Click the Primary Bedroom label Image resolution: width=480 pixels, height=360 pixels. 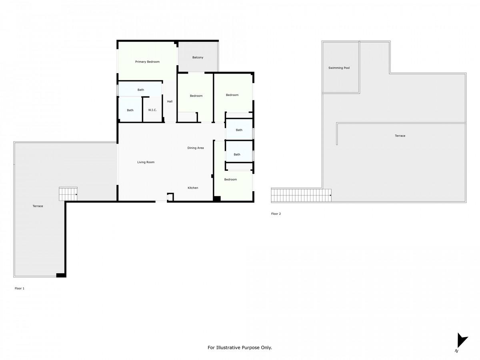tap(147, 62)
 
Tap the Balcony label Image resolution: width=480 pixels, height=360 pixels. tap(198, 58)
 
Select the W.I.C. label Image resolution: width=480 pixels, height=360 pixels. tap(152, 110)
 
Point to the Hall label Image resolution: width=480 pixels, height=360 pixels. tap(170, 102)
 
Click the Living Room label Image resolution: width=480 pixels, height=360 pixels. tap(146, 162)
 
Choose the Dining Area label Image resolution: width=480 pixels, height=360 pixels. tap(196, 148)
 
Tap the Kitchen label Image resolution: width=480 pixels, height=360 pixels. tap(193, 188)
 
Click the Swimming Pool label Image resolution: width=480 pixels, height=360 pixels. tap(339, 68)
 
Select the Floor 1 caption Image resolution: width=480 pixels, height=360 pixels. tap(20, 288)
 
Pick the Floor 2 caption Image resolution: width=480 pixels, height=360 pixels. tap(276, 214)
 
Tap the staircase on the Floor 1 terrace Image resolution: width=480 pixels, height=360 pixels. tap(68, 194)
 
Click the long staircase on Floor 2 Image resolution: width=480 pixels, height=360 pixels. tap(301, 196)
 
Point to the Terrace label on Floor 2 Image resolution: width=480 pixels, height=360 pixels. tap(400, 136)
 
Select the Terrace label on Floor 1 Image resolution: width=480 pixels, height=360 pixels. tap(38, 206)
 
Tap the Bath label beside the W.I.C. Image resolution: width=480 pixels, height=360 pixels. tap(130, 110)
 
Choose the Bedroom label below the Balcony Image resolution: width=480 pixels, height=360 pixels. tap(196, 96)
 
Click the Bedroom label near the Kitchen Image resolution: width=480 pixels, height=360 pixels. tap(230, 180)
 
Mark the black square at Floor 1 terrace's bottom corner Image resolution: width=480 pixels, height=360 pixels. tap(61, 276)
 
